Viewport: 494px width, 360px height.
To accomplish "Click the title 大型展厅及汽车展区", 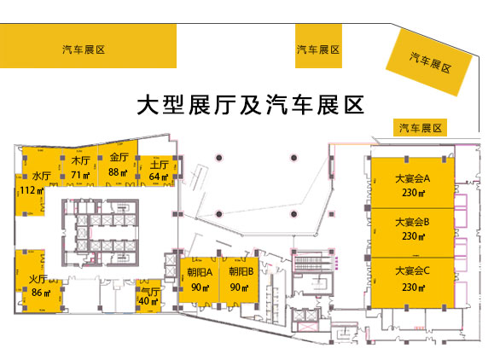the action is click(251, 105).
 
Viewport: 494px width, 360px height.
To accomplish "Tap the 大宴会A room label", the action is click(412, 178).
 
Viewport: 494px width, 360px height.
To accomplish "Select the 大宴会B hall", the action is click(412, 233).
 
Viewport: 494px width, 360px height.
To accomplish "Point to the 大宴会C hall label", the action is click(412, 270).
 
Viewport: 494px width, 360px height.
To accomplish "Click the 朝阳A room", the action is click(199, 280).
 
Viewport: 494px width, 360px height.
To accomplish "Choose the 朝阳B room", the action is click(239, 280).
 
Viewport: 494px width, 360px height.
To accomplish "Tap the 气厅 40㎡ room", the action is click(148, 296).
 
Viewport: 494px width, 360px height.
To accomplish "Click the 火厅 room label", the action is click(38, 279).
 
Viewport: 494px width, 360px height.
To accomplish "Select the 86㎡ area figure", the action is click(41, 293).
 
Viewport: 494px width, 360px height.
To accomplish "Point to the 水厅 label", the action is click(41, 176).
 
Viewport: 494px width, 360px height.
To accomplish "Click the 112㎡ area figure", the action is click(32, 190).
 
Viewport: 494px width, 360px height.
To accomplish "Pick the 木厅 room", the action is click(80, 167).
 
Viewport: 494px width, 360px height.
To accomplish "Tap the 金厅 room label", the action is click(119, 157).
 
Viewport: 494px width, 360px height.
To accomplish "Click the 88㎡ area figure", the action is click(118, 172).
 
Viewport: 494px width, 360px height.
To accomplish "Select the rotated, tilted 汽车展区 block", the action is click(429, 62).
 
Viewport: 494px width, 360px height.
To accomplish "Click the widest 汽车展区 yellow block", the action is click(88, 46).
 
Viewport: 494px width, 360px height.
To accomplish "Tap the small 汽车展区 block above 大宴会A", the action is click(420, 128).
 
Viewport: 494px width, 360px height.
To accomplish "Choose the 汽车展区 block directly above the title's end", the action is click(318, 46).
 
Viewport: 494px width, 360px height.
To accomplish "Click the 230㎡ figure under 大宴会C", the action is click(413, 287).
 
